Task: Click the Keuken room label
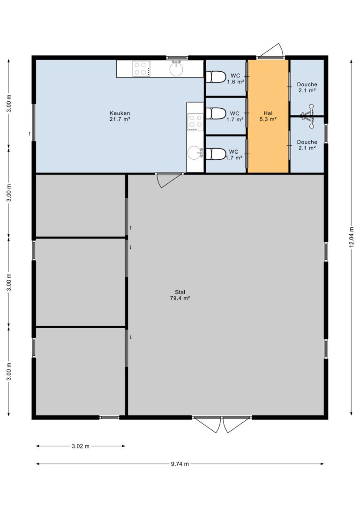click(x=120, y=116)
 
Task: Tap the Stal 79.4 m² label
click(x=180, y=295)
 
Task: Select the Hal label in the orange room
click(x=268, y=113)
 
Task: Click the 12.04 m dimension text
click(x=351, y=237)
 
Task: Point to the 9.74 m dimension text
click(x=180, y=464)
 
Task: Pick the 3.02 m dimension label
click(x=81, y=446)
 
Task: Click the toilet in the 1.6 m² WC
click(x=216, y=77)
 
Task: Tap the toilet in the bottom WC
click(x=216, y=154)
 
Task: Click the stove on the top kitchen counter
click(x=141, y=69)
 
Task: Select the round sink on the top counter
click(x=176, y=68)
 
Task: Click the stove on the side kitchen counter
click(x=195, y=122)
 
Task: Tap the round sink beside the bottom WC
click(x=195, y=153)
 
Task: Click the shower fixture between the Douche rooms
click(x=308, y=116)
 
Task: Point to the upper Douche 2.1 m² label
click(x=307, y=87)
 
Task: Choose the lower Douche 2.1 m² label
click(x=307, y=145)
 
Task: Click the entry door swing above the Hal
click(x=271, y=51)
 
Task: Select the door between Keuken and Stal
click(x=169, y=180)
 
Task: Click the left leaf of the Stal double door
click(x=208, y=425)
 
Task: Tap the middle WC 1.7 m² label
click(x=235, y=116)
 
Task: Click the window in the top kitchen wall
click(x=177, y=58)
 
